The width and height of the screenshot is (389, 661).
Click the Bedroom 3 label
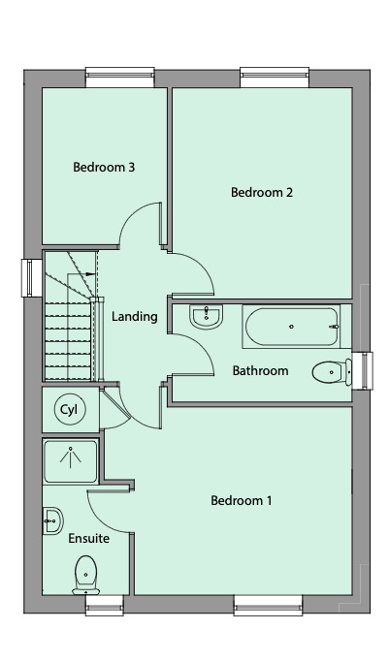(104, 167)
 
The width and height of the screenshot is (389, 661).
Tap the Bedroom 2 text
(262, 192)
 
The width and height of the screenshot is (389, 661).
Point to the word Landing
(135, 316)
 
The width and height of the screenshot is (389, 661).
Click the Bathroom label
(260, 370)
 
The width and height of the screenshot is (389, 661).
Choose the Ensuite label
(88, 538)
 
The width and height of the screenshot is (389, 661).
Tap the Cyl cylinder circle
(69, 409)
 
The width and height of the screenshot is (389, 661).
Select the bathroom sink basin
(205, 316)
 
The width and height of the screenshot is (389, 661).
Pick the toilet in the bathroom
(331, 369)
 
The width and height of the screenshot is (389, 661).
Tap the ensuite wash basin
(52, 521)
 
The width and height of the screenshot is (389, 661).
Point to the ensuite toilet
(85, 575)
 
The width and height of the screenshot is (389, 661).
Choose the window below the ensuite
(104, 607)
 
